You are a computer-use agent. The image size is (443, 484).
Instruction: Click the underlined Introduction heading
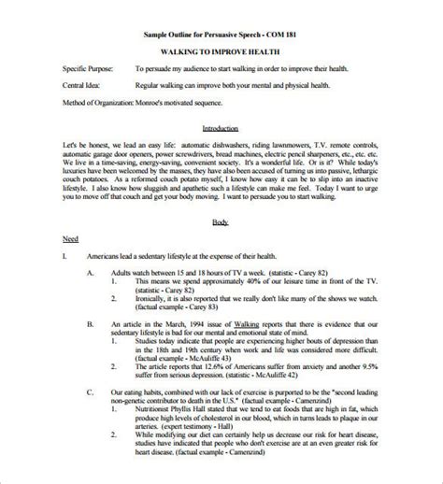tap(221, 129)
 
